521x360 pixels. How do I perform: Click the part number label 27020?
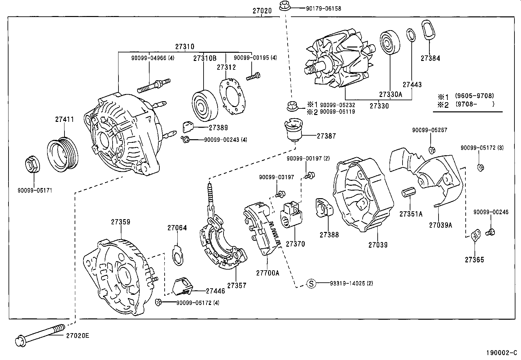click(262, 11)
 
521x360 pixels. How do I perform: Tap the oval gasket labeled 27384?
click(428, 31)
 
